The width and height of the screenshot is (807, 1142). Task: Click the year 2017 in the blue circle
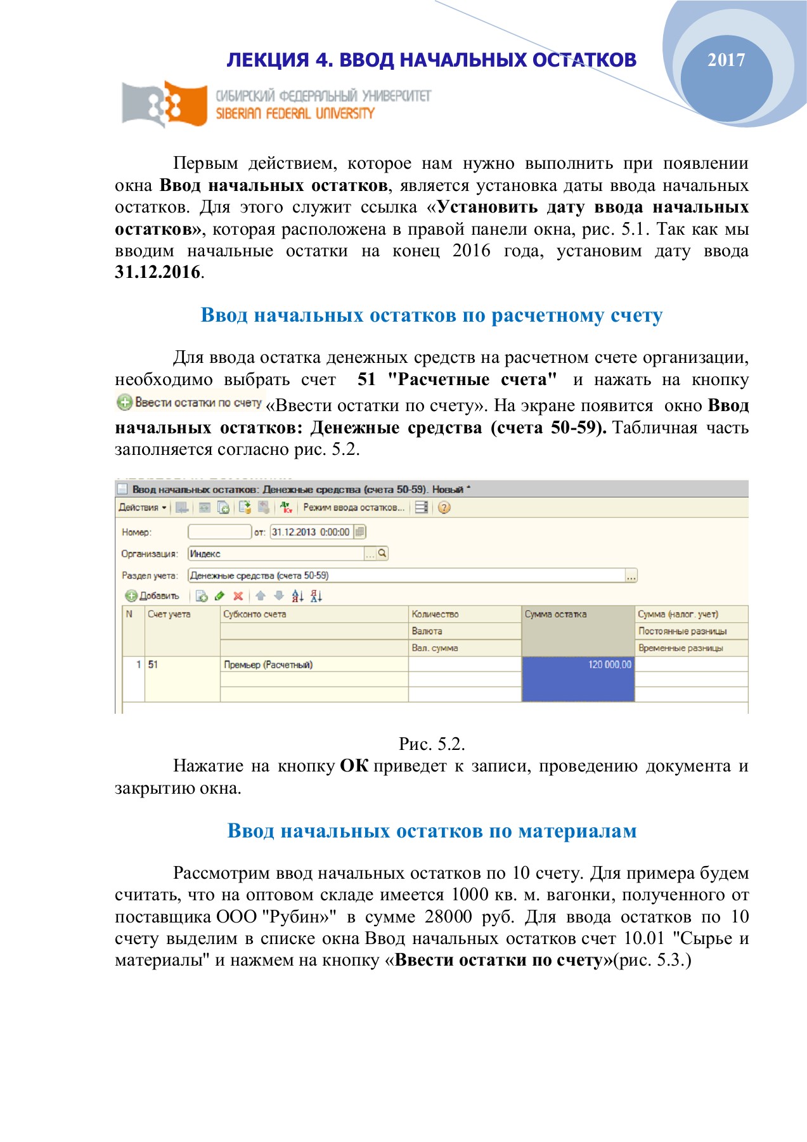click(726, 60)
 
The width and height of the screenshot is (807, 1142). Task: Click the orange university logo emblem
click(166, 103)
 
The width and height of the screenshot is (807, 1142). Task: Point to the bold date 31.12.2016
click(158, 272)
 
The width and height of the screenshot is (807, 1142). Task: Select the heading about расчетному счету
click(431, 315)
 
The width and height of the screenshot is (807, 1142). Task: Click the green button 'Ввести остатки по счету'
click(190, 402)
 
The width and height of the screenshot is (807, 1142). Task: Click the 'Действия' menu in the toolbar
click(142, 508)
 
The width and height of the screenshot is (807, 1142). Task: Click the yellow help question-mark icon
click(444, 508)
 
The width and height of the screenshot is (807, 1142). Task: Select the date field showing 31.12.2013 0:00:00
click(311, 532)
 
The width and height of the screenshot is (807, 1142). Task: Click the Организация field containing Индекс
click(276, 554)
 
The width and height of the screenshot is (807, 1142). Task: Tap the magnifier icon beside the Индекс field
click(382, 554)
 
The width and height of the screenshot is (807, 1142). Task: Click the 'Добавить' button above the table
click(153, 596)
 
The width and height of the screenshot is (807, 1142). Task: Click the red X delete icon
click(238, 596)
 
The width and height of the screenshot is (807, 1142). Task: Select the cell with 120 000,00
click(578, 665)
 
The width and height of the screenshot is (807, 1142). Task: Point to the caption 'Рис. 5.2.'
click(432, 744)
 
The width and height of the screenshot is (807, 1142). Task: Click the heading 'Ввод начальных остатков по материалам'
click(432, 831)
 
